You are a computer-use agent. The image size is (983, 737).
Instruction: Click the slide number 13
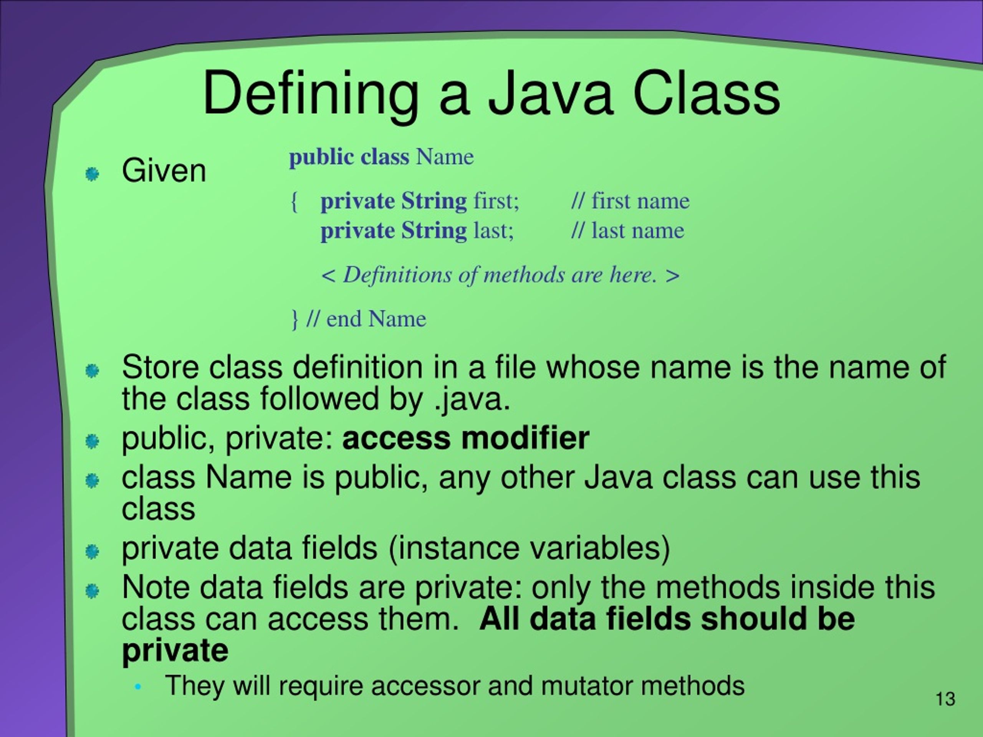945,699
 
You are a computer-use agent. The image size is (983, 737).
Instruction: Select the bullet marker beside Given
92,174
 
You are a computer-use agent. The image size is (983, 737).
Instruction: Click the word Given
164,171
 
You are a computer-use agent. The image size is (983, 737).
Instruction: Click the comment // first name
630,201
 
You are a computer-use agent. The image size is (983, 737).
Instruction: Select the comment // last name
627,231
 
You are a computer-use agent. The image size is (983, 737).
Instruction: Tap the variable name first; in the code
496,201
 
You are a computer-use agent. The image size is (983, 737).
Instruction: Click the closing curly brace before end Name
294,319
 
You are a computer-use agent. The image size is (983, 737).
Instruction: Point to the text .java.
472,399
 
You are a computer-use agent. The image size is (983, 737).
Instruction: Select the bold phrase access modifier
466,438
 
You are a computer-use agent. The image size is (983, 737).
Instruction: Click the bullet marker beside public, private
92,441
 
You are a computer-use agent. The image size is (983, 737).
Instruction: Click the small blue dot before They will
138,687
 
